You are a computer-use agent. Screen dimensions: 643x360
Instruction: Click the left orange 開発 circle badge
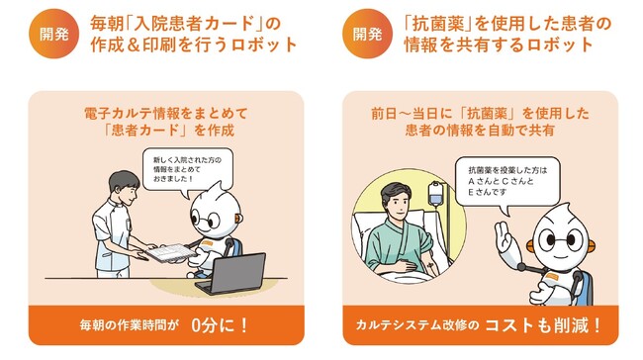tap(53, 34)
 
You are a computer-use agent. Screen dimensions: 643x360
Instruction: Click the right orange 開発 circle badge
tap(367, 34)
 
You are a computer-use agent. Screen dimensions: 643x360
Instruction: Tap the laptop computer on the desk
tap(232, 274)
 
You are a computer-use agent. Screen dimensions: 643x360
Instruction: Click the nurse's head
tap(124, 187)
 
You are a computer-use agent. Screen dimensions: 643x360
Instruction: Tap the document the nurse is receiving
tap(170, 252)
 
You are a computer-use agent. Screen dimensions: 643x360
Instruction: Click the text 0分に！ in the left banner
tap(220, 325)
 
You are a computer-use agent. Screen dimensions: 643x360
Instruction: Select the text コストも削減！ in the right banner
tap(543, 325)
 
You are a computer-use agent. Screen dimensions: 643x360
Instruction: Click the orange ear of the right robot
tap(590, 245)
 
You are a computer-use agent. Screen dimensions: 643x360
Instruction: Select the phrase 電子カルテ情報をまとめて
tap(165, 113)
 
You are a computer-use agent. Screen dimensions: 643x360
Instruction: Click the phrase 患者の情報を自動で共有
tap(480, 131)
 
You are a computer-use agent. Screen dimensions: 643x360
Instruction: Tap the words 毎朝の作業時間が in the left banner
tap(130, 326)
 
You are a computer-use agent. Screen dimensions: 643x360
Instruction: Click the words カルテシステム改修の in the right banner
tap(417, 325)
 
